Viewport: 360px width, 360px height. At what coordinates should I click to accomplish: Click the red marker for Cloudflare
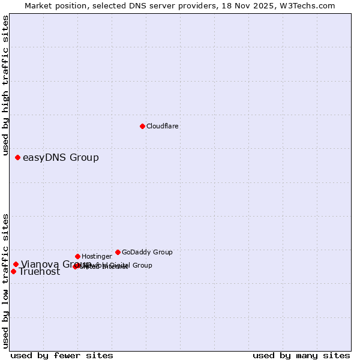142,126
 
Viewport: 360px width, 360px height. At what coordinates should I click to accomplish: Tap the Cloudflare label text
162,126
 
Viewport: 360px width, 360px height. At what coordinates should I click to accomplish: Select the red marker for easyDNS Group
18,157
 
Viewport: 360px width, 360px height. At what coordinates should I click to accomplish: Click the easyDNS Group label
61,158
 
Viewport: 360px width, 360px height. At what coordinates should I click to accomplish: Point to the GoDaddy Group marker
118,252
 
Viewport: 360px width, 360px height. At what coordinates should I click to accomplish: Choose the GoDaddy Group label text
147,252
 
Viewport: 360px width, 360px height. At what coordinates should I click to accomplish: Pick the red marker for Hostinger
77,256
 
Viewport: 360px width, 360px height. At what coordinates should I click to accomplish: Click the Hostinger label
97,256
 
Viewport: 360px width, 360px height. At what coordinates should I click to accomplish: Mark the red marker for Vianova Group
16,264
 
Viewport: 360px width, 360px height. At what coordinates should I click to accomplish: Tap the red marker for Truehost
13,271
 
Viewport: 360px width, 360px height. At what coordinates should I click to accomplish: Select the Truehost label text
40,272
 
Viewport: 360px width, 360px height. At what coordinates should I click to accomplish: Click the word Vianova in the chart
39,264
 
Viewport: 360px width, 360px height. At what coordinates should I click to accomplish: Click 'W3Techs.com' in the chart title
310,6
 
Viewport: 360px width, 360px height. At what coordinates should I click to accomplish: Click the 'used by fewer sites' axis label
62,355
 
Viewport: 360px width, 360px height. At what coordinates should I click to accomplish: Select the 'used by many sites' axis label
301,355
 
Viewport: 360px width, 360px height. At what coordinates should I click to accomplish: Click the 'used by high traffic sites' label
6,86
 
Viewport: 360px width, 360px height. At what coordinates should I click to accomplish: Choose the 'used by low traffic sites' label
6,281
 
